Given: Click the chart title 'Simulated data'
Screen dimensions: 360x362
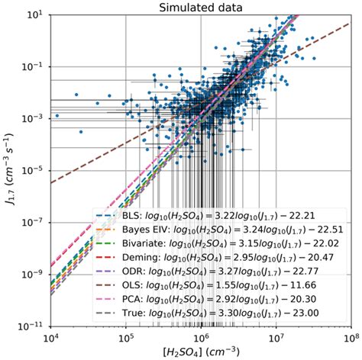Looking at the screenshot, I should pyautogui.click(x=202, y=7).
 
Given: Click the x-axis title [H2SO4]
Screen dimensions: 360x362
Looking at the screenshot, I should pyautogui.click(x=202, y=352).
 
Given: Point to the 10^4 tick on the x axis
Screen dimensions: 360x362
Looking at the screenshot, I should pyautogui.click(x=52, y=336).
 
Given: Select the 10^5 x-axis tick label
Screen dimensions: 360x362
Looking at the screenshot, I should pyautogui.click(x=127, y=336).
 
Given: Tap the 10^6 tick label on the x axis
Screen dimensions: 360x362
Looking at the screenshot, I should pyautogui.click(x=202, y=336).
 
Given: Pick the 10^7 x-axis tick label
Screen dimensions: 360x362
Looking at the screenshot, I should pyautogui.click(x=276, y=336).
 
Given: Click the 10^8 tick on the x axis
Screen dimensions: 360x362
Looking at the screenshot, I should pyautogui.click(x=350, y=336).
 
